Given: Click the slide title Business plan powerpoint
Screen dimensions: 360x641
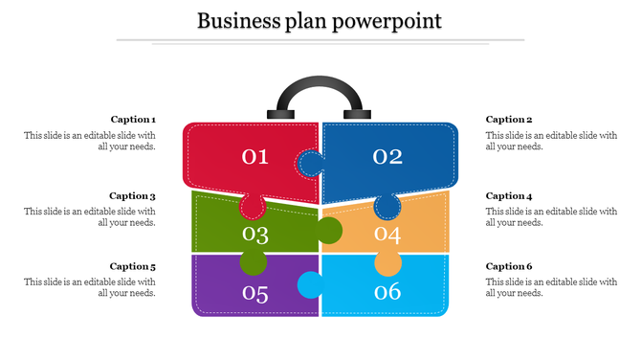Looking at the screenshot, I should point(320,20).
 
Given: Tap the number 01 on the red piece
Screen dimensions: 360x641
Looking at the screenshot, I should point(254,156).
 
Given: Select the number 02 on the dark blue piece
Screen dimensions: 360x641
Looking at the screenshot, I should point(387,156).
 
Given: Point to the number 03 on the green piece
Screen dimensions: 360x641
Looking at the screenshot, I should point(255,234).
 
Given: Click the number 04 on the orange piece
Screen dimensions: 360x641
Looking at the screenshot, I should point(387,234).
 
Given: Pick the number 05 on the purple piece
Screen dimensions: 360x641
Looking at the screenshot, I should point(255,293).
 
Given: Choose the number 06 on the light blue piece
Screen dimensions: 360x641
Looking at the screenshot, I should point(387,292).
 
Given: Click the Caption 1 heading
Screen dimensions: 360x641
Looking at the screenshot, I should point(133,120).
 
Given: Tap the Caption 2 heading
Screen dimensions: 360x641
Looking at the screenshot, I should point(509,120).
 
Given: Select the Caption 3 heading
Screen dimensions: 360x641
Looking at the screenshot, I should point(133,195).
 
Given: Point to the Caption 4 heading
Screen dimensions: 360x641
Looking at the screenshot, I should point(509,195).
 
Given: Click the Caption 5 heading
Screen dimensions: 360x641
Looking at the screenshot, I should point(133,266).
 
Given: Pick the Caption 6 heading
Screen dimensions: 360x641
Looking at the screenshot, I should point(509,266).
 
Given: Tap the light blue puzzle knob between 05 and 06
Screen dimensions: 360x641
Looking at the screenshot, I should point(309,284).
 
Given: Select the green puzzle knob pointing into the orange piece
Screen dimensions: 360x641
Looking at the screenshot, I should point(329,231).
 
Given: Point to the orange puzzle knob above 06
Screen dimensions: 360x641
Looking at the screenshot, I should point(387,262).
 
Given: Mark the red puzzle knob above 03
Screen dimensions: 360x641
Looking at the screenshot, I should point(253,205).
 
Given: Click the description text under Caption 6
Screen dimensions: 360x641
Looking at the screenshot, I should point(551,287).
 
